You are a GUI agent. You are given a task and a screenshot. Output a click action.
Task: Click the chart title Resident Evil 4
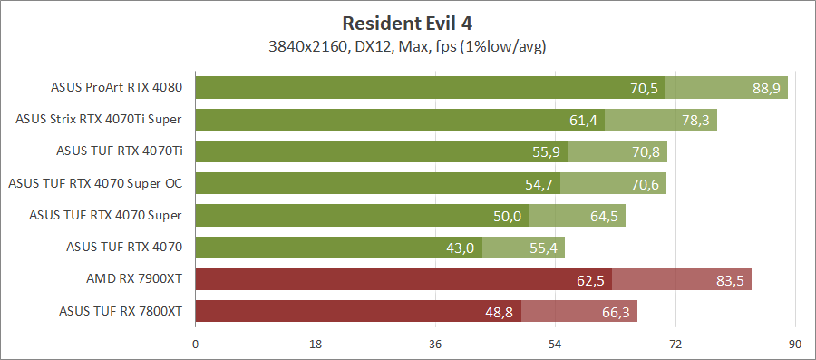click(x=407, y=22)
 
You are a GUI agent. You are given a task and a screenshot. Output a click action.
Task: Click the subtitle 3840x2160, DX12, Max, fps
click(x=407, y=44)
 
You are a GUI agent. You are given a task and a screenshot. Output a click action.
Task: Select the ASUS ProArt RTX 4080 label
click(x=117, y=88)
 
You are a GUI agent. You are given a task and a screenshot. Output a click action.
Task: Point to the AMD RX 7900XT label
click(x=133, y=280)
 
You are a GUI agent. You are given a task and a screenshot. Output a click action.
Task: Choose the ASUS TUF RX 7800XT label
click(x=121, y=312)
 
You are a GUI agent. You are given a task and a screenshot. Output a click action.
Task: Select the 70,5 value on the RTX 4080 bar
click(x=644, y=88)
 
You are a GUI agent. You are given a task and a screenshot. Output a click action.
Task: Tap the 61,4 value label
click(x=584, y=120)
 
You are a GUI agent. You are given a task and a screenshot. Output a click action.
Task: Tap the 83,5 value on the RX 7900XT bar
click(x=730, y=280)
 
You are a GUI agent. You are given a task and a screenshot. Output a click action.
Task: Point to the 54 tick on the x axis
click(x=555, y=344)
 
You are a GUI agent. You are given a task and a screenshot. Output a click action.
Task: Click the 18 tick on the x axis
click(x=316, y=344)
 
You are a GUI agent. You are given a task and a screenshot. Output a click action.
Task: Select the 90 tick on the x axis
click(x=795, y=344)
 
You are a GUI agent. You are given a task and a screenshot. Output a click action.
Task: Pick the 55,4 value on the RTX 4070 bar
click(x=544, y=248)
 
